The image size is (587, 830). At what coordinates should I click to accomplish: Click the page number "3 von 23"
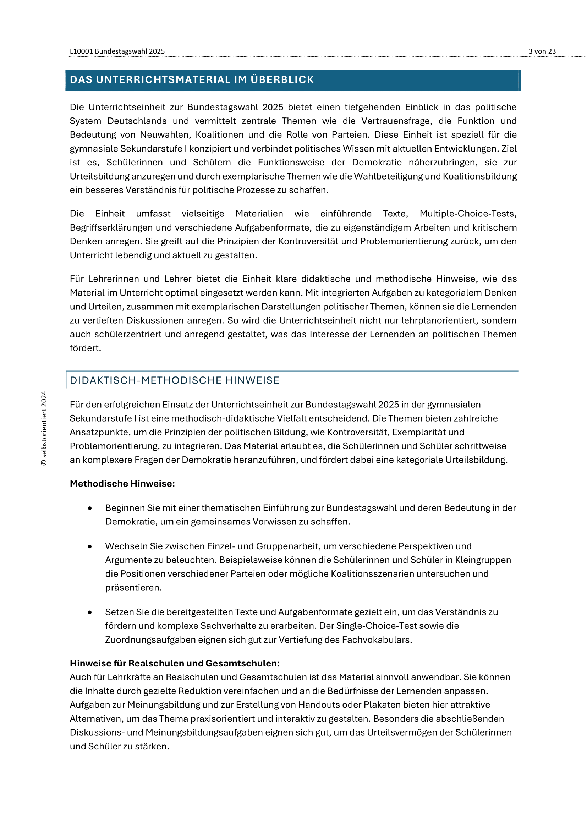(x=542, y=51)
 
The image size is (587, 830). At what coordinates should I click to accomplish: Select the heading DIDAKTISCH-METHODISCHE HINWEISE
(x=175, y=380)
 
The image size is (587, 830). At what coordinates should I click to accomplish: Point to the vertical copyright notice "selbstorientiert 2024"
(x=44, y=428)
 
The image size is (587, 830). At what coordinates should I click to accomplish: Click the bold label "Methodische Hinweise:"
(x=122, y=484)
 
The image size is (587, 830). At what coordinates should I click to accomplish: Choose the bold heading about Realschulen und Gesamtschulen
(x=175, y=663)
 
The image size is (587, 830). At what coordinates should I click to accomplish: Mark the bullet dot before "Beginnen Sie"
(x=90, y=508)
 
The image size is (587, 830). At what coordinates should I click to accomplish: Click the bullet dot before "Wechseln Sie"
(x=90, y=546)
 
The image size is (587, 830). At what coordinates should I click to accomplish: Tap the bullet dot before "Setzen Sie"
(x=90, y=612)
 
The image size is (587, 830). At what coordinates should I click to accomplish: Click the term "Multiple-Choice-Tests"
(x=468, y=214)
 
